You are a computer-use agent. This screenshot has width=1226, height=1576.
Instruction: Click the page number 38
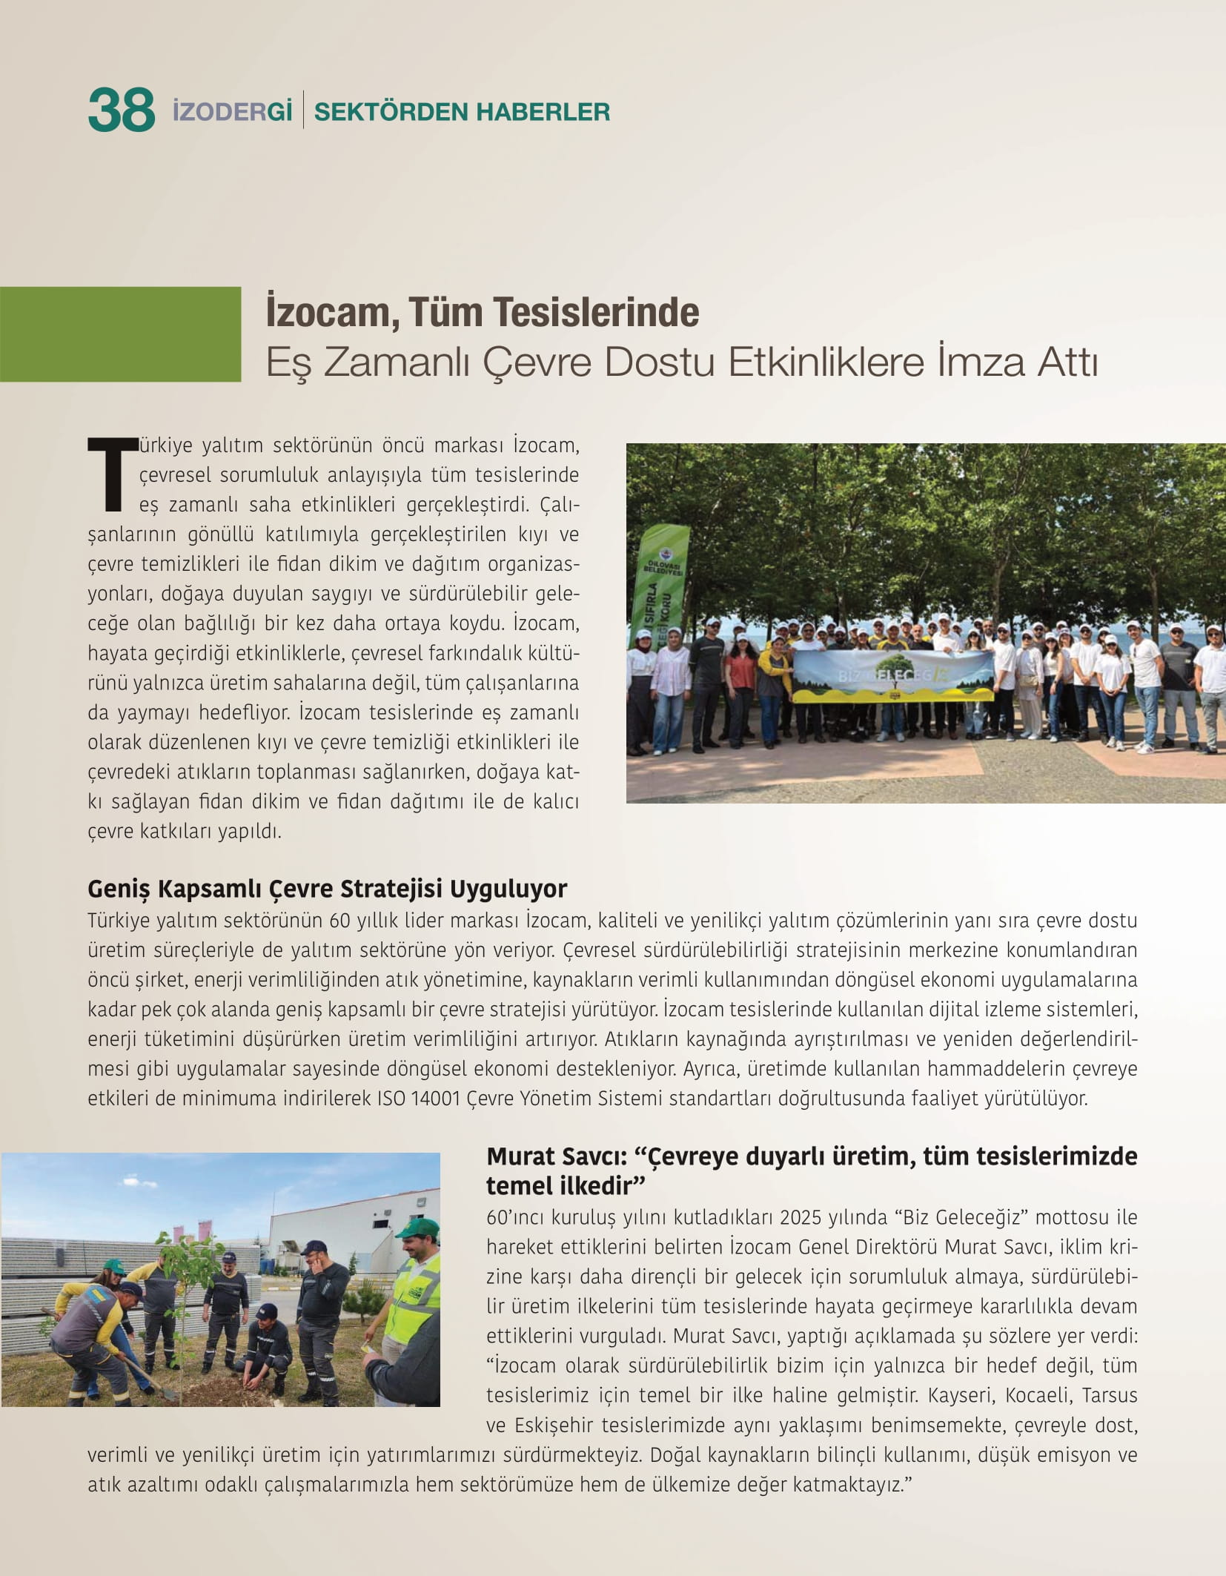pyautogui.click(x=121, y=110)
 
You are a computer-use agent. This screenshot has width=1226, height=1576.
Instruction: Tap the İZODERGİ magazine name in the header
pyautogui.click(x=232, y=111)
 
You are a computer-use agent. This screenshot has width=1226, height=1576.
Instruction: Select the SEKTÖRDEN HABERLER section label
pyautogui.click(x=462, y=112)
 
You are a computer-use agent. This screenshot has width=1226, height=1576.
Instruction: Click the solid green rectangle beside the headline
pyautogui.click(x=120, y=334)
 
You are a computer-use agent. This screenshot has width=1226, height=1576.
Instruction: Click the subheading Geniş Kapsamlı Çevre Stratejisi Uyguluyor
pyautogui.click(x=327, y=888)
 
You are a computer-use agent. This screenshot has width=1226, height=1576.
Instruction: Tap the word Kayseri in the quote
pyautogui.click(x=961, y=1395)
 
